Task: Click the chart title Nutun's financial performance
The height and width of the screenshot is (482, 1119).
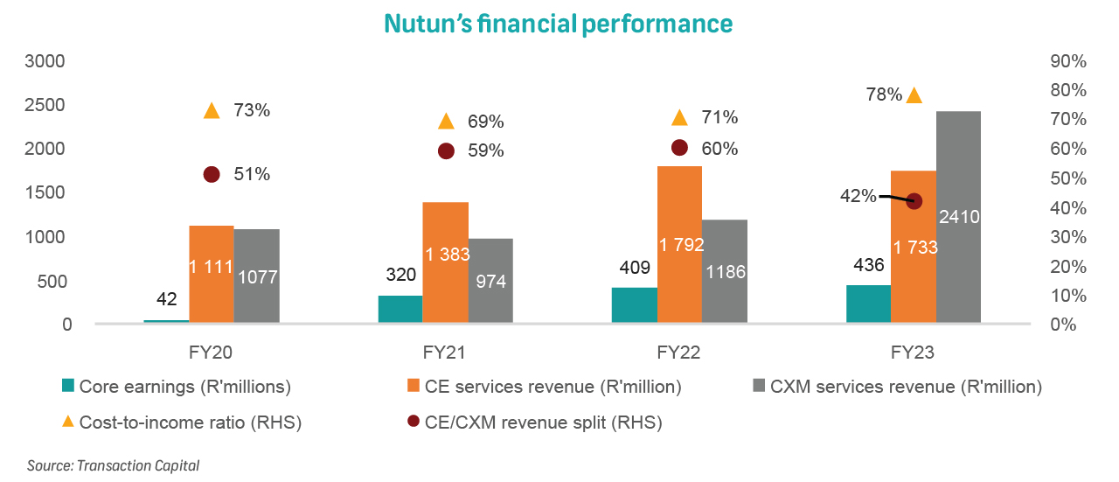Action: (558, 23)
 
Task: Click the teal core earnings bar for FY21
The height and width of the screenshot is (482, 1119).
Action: (400, 310)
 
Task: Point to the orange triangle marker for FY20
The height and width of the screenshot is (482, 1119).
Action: (212, 111)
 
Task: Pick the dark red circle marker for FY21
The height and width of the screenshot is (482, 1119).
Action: (446, 150)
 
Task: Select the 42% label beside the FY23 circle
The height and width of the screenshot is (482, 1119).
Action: (858, 196)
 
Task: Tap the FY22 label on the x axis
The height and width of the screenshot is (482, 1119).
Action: (679, 353)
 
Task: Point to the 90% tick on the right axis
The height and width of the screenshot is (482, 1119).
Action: (1067, 61)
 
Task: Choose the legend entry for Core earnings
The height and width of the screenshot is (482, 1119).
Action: (176, 386)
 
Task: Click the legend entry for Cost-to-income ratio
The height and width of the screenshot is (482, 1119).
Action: (181, 423)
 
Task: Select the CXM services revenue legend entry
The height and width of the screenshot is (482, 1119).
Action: (897, 386)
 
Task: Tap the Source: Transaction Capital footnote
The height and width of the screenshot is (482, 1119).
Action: (113, 465)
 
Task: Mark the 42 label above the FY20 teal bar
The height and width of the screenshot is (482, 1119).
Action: (166, 299)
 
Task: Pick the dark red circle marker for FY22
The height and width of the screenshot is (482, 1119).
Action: (679, 148)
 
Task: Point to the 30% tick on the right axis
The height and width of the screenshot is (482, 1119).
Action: (1067, 237)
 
